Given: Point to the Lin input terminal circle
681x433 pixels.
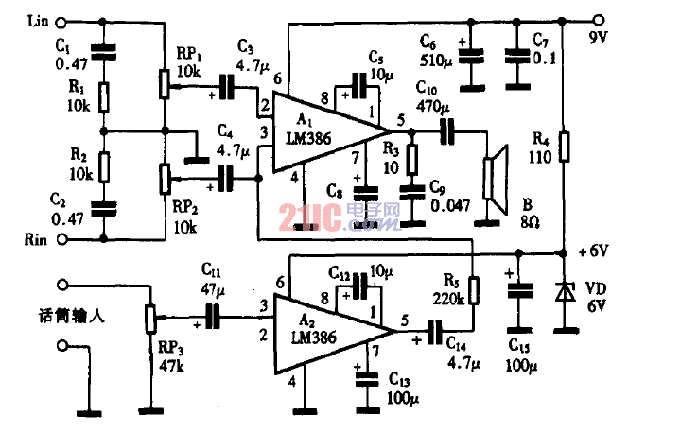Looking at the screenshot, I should point(62,20).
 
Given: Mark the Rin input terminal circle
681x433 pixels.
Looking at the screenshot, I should point(62,240).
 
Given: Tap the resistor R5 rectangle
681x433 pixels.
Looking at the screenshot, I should point(474,287).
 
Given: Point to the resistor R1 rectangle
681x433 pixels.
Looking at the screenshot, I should point(105,96).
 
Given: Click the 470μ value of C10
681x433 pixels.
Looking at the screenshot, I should point(431,106).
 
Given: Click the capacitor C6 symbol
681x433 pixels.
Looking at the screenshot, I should point(472,53).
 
